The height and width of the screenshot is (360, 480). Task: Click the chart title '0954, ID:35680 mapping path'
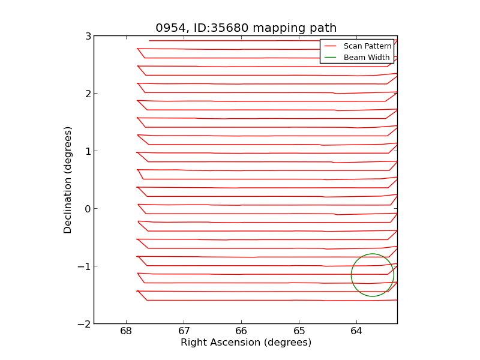point(246,28)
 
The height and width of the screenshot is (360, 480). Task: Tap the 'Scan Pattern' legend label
point(367,46)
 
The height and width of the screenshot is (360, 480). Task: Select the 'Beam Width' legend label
point(367,58)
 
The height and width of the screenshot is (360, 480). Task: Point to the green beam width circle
point(352,275)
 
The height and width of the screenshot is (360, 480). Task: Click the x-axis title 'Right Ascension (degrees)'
point(246,343)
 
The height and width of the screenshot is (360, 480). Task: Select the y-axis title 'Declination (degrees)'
point(68,180)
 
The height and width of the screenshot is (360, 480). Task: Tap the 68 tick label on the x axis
point(126,331)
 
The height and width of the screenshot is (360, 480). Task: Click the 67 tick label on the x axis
point(184,331)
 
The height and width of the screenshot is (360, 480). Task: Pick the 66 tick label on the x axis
point(241,331)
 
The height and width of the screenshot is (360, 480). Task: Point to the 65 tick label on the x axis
point(299,331)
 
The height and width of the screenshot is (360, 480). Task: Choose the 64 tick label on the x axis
point(356,331)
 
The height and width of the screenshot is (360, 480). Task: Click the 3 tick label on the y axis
point(88,36)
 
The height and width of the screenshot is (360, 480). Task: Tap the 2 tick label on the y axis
point(88,94)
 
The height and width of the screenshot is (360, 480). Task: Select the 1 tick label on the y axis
point(88,151)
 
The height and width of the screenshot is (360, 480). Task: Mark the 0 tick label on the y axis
point(88,209)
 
